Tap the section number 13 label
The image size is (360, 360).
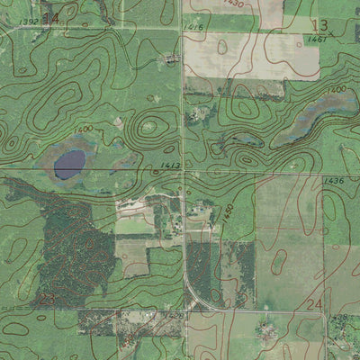point(319,24)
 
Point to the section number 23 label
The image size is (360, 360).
point(48,298)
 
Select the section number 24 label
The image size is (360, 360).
point(314,305)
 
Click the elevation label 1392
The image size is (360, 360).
point(28,21)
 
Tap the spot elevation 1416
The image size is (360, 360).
point(193,28)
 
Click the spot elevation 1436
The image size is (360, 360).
point(334,181)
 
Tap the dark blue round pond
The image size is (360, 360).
point(69,163)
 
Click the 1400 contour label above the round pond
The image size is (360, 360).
point(84,130)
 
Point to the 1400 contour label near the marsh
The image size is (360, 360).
point(338,88)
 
